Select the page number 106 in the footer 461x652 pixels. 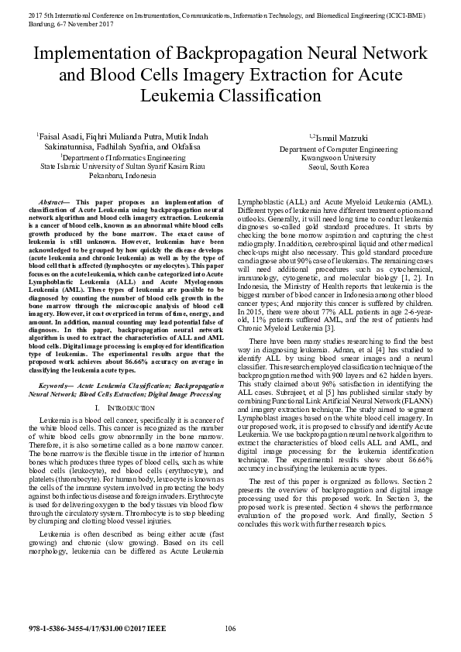tap(230, 627)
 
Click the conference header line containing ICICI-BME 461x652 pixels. tap(230, 14)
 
